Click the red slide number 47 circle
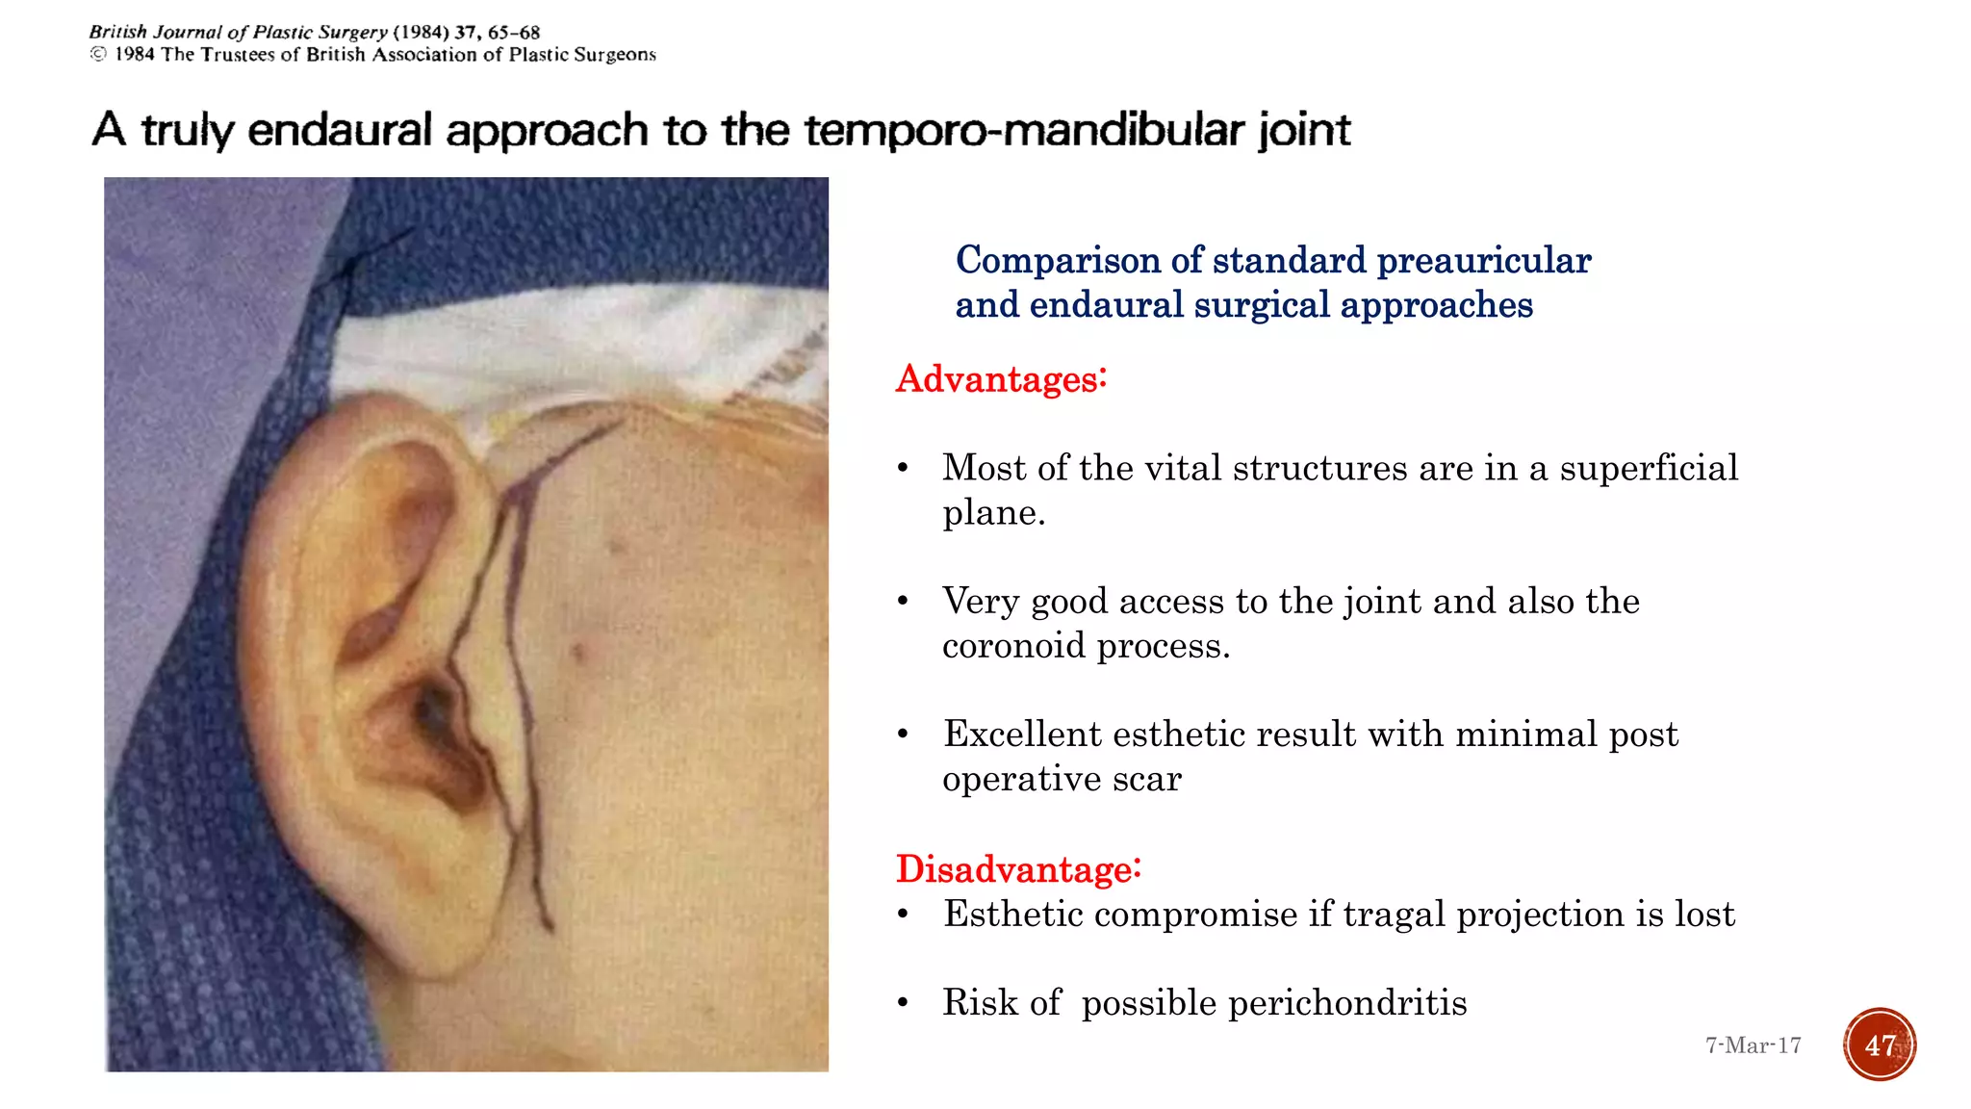click(1880, 1045)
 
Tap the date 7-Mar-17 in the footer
click(1753, 1045)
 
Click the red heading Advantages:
click(1001, 379)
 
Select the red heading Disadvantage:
click(1018, 869)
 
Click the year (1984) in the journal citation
click(421, 33)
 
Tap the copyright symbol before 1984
click(98, 55)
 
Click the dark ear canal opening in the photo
click(430, 712)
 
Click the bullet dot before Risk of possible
click(903, 1003)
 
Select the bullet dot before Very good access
click(903, 602)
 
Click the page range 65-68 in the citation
click(514, 33)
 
